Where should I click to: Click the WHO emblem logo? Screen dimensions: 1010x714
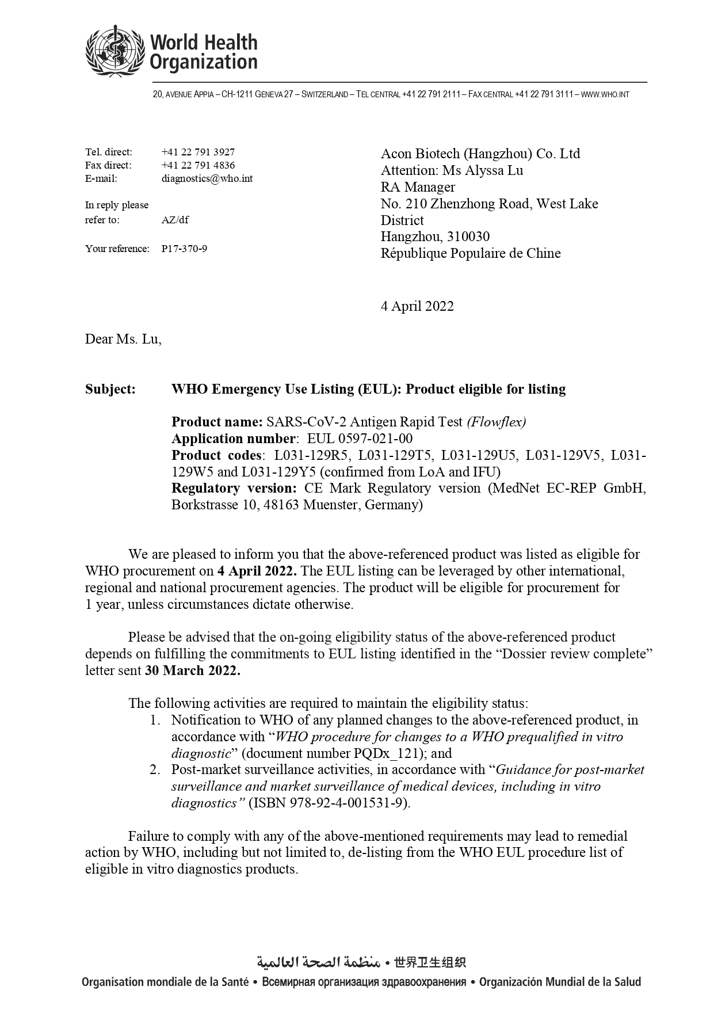[x=115, y=50]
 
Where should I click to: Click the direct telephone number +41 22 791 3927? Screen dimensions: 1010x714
[x=198, y=152]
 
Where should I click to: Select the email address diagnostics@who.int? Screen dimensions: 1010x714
[x=207, y=178]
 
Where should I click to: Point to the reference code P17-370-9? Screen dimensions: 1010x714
[x=184, y=249]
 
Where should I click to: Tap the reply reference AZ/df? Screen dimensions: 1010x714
[x=175, y=220]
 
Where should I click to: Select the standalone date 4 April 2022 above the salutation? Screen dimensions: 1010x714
[x=417, y=306]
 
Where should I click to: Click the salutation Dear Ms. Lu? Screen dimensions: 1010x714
[x=123, y=339]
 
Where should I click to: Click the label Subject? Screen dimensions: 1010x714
[x=110, y=389]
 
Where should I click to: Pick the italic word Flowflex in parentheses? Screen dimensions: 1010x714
[x=496, y=422]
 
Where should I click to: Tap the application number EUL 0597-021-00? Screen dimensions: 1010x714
[x=360, y=439]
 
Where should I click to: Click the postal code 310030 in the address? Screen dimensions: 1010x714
[x=468, y=237]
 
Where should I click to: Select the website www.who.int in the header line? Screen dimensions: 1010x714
[x=605, y=94]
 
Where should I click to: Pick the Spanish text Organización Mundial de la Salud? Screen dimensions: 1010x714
[x=560, y=982]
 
